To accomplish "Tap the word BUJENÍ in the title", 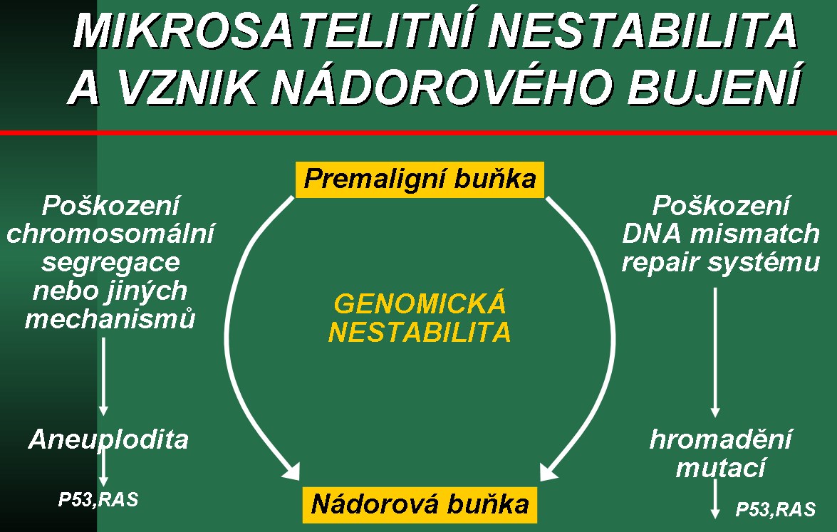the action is pyautogui.click(x=714, y=85).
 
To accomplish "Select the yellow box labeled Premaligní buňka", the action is pyautogui.click(x=420, y=179).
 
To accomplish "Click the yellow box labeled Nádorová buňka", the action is pyautogui.click(x=420, y=505).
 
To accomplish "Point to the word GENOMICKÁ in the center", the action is pyautogui.click(x=420, y=303).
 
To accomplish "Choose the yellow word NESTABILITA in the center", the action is pyautogui.click(x=420, y=332).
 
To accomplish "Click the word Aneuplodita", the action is pyautogui.click(x=108, y=439).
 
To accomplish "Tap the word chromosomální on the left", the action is pyautogui.click(x=110, y=234).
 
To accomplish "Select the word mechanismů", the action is pyautogui.click(x=110, y=318).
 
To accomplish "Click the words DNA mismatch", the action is pyautogui.click(x=721, y=234).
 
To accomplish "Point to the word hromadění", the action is pyautogui.click(x=721, y=439).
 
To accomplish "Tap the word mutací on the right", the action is pyautogui.click(x=721, y=468).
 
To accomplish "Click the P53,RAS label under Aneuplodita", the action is pyautogui.click(x=98, y=499).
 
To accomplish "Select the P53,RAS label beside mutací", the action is pyautogui.click(x=776, y=509).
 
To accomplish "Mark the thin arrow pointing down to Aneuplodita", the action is pyautogui.click(x=103, y=377).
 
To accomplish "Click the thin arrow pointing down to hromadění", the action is pyautogui.click(x=715, y=353).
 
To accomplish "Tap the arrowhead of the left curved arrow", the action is pyautogui.click(x=292, y=471).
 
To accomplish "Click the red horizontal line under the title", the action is pyautogui.click(x=419, y=132).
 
